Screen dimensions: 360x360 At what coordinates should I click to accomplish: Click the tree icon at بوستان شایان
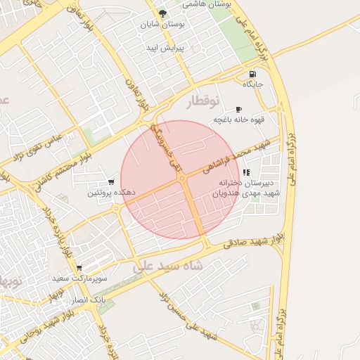coord(163,13)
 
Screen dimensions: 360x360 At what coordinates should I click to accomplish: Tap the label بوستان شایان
coord(163,25)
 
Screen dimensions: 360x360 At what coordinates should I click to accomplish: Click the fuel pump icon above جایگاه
coord(252,74)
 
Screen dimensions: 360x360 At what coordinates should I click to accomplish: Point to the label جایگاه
coord(252,84)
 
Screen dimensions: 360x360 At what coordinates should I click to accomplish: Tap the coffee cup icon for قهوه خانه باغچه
coord(239,109)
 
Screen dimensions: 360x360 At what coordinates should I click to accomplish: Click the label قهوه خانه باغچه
coord(239,120)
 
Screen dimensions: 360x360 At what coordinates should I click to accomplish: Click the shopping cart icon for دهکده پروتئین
coord(111,182)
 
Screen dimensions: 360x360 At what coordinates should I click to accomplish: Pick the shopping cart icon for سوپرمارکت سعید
coord(79,268)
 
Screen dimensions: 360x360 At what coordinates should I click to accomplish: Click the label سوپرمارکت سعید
coord(79,278)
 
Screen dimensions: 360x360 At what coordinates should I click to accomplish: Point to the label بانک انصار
coord(89,299)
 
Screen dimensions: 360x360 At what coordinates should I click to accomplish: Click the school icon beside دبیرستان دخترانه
coord(245,172)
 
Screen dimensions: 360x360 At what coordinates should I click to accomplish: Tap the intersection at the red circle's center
coord(182,179)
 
